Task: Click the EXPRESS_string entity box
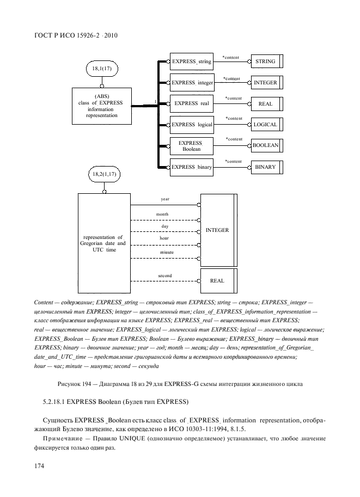pos(191,62)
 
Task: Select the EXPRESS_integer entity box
pos(191,83)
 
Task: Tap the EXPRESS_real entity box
pos(191,103)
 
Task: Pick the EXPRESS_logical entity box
pos(191,125)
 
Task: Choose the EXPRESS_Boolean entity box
pos(191,145)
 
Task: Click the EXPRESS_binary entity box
pos(191,167)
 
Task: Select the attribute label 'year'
pos(165,199)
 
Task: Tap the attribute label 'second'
pos(165,276)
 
